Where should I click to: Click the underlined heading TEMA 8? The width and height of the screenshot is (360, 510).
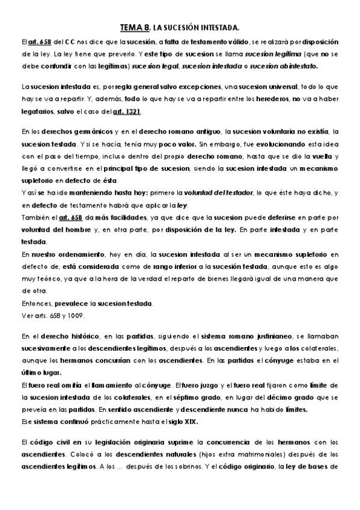click(135, 27)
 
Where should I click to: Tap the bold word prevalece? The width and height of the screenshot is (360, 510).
click(73, 303)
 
